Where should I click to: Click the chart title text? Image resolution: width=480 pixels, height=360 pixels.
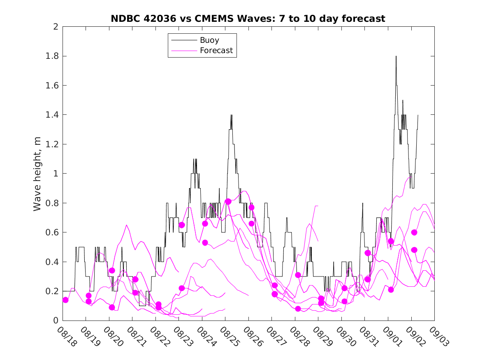248,19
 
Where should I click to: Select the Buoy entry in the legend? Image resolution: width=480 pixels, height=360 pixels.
209,40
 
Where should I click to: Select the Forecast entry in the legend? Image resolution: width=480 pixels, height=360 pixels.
216,51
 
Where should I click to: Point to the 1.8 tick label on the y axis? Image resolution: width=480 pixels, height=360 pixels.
51,56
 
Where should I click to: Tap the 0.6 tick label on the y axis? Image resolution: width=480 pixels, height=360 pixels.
51,232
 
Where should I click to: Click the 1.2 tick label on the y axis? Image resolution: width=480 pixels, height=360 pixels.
51,144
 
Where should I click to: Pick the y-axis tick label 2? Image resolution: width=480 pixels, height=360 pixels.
55,27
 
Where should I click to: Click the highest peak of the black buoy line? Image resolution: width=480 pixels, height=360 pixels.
396,56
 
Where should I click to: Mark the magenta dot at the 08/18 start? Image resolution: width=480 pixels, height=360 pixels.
65,300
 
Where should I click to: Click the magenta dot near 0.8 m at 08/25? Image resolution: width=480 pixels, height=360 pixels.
228,202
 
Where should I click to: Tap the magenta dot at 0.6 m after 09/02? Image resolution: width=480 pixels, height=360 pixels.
414,232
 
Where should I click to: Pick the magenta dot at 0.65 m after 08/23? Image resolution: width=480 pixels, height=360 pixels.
181,225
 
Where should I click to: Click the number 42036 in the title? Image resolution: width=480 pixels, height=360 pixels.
159,19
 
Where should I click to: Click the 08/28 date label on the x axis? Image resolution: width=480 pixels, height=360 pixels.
299,337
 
